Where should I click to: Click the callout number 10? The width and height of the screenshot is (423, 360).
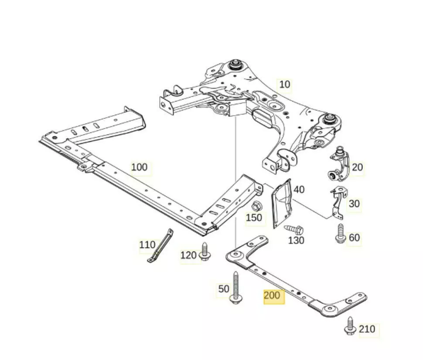pyautogui.click(x=284, y=84)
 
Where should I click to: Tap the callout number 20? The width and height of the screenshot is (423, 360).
pyautogui.click(x=357, y=167)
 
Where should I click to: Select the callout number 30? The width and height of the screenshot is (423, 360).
pyautogui.click(x=354, y=204)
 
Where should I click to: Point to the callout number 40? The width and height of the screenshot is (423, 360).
pyautogui.click(x=299, y=190)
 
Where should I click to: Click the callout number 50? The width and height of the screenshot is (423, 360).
pyautogui.click(x=224, y=289)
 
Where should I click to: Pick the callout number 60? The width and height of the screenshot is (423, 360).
pyautogui.click(x=354, y=238)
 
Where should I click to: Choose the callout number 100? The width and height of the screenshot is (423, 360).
pyautogui.click(x=139, y=167)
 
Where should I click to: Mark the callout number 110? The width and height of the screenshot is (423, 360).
pyautogui.click(x=147, y=245)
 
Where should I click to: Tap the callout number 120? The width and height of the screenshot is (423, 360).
pyautogui.click(x=188, y=255)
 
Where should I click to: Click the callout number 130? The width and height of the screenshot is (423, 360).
pyautogui.click(x=296, y=240)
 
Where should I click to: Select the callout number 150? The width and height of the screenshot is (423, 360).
pyautogui.click(x=254, y=217)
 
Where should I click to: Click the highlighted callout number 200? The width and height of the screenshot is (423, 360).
pyautogui.click(x=272, y=295)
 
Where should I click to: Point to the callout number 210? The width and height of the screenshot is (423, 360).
pyautogui.click(x=367, y=329)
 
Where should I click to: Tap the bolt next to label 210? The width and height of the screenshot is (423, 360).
pyautogui.click(x=350, y=327)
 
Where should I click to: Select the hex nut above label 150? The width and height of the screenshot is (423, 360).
pyautogui.click(x=257, y=206)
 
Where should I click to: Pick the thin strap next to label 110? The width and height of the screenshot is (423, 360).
pyautogui.click(x=160, y=246)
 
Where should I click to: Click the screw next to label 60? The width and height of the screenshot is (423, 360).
pyautogui.click(x=340, y=233)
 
